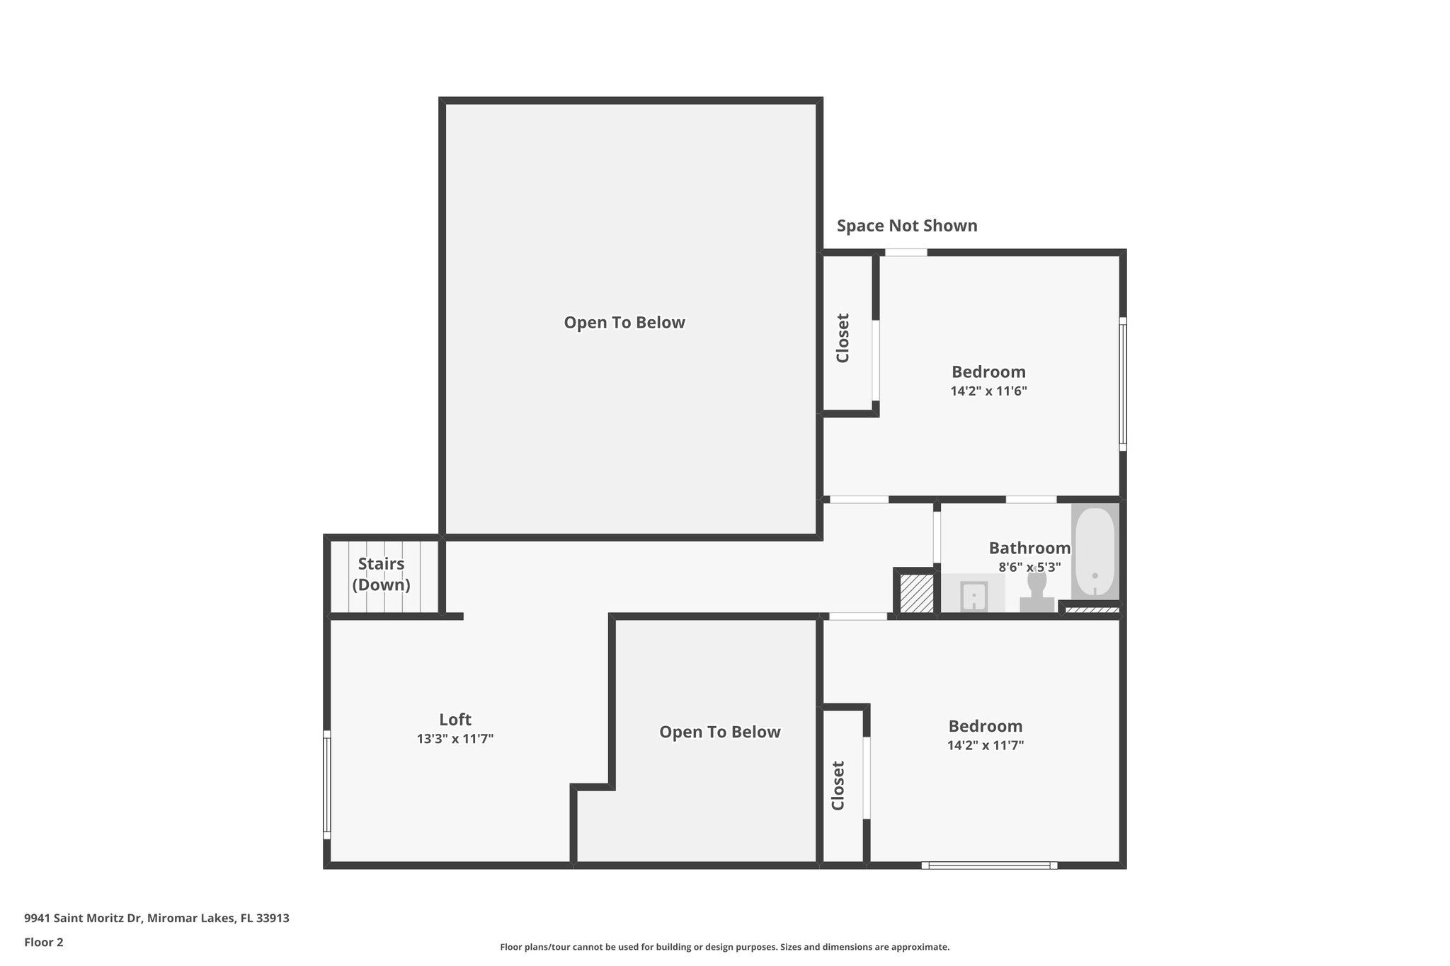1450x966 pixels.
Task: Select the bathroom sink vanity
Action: tap(974, 594)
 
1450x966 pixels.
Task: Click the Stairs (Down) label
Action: tap(381, 574)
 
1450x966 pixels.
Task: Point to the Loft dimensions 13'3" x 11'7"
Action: tap(455, 739)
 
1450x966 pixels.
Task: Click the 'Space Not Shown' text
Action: tap(906, 226)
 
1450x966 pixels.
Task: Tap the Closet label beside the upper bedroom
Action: tap(843, 338)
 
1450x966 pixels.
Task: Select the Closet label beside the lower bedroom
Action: tap(838, 786)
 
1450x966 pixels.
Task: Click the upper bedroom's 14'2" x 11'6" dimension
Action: tap(988, 391)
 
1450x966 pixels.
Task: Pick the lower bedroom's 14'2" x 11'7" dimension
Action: tap(985, 745)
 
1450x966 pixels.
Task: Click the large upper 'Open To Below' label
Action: tap(624, 323)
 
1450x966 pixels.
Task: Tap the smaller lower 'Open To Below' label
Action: tap(719, 732)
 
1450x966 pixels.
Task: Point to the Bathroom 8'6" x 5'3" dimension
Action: tap(1029, 568)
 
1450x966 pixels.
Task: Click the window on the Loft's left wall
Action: tap(327, 784)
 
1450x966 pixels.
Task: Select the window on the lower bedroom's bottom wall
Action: tap(989, 865)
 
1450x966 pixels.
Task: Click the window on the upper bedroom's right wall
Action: tap(1122, 384)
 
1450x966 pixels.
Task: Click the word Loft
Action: tap(455, 720)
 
